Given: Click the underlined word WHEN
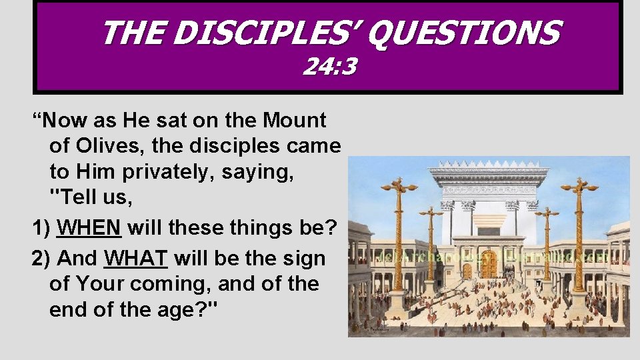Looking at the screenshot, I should (89, 228).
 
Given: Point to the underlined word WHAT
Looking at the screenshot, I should (136, 258).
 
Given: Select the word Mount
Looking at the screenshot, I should (295, 121).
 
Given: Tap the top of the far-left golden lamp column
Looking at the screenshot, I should (399, 185).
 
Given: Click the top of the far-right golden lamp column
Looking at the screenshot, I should (579, 185).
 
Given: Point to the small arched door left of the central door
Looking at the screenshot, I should (466, 270).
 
